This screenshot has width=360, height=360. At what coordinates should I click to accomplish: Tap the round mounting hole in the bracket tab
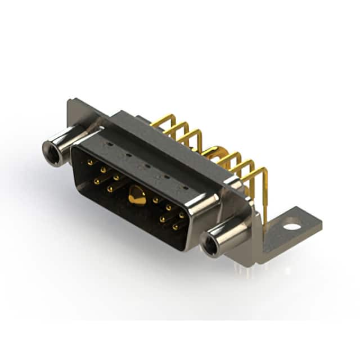tap(292, 228)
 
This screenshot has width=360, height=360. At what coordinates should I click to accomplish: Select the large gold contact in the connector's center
tap(135, 197)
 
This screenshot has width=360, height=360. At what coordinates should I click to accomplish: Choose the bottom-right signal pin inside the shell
tap(175, 227)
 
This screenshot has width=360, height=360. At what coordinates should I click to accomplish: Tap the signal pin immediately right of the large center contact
tap(155, 200)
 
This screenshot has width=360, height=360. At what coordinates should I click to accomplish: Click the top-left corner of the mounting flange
tap(70, 102)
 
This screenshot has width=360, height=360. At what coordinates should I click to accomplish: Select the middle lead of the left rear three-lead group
tap(178, 128)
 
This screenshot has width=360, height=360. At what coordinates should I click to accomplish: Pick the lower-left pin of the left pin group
tap(97, 181)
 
